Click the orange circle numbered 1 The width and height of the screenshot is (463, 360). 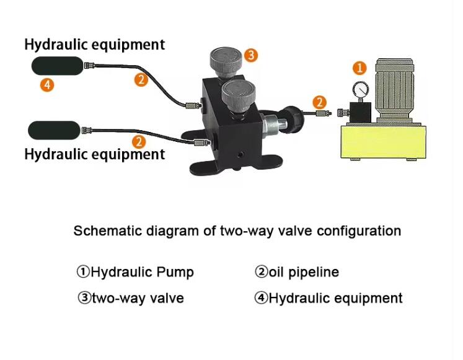(359, 68)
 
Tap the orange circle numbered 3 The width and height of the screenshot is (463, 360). (250, 55)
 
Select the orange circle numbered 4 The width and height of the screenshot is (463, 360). (47, 85)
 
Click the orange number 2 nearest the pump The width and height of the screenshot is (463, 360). (319, 102)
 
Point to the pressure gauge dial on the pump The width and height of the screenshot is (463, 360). (359, 87)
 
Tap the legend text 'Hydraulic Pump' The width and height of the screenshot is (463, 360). (142, 272)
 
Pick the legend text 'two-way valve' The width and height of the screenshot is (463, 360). (138, 298)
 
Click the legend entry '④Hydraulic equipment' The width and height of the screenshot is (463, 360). (329, 298)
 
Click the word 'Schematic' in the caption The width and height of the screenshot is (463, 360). (103, 231)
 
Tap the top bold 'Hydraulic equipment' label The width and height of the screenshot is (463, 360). (94, 45)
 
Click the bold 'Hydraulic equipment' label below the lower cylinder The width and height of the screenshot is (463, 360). (94, 154)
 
